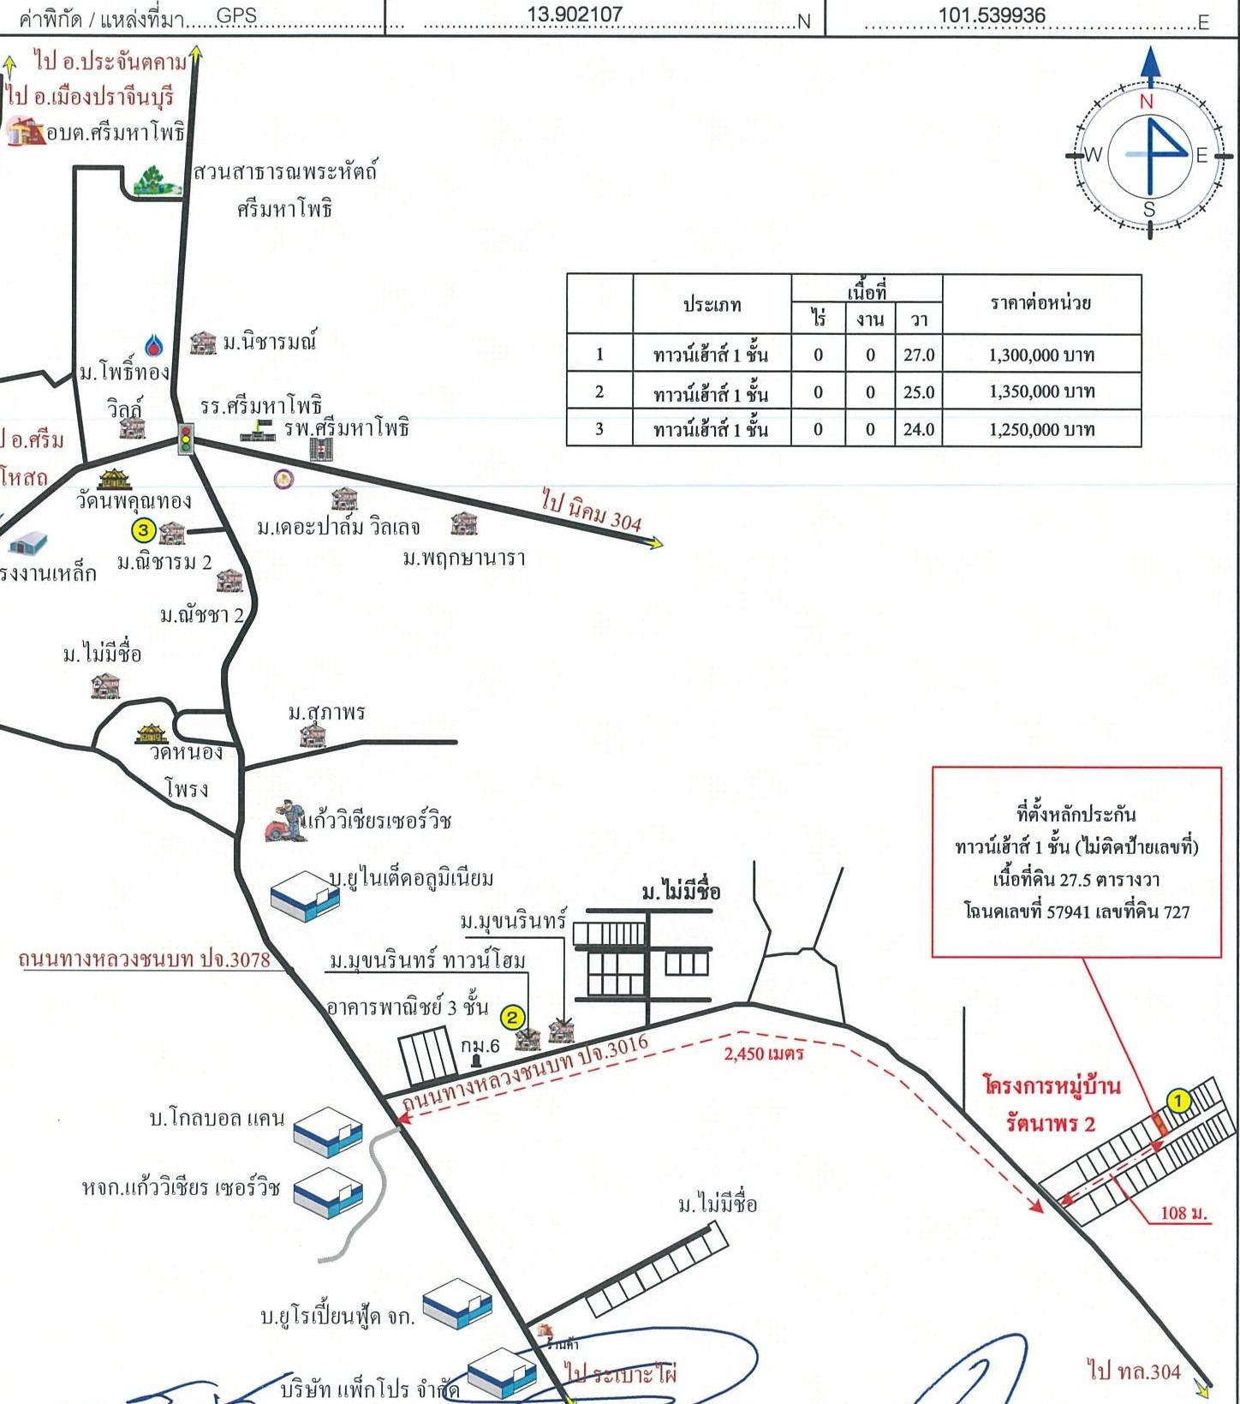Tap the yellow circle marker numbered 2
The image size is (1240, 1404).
pyautogui.click(x=511, y=1018)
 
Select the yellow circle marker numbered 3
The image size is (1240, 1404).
pyautogui.click(x=143, y=531)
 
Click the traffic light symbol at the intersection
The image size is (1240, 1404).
pyautogui.click(x=185, y=439)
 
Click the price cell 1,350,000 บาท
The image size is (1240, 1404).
pyautogui.click(x=1041, y=392)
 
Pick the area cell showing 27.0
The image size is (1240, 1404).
pyautogui.click(x=919, y=355)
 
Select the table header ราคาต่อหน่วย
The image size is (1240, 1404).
pyautogui.click(x=1040, y=303)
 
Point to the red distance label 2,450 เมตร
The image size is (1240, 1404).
pyautogui.click(x=764, y=1053)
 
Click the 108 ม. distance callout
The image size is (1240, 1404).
pyautogui.click(x=1183, y=1213)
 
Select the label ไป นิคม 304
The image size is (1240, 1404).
pyautogui.click(x=592, y=510)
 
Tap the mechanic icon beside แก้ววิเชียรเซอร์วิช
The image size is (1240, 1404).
pyautogui.click(x=285, y=821)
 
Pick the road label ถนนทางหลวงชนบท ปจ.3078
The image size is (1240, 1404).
pyautogui.click(x=145, y=959)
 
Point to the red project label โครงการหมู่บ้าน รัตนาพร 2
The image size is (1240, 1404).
pyautogui.click(x=1052, y=1103)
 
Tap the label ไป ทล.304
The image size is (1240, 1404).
pyautogui.click(x=1134, y=1372)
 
